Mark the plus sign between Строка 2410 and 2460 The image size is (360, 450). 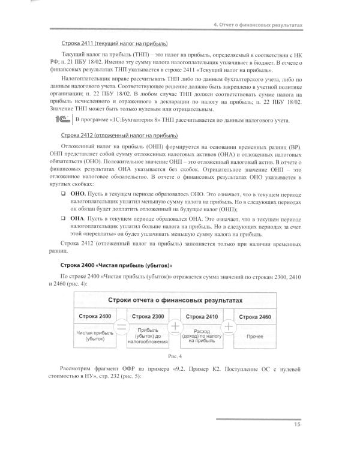click(229, 327)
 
